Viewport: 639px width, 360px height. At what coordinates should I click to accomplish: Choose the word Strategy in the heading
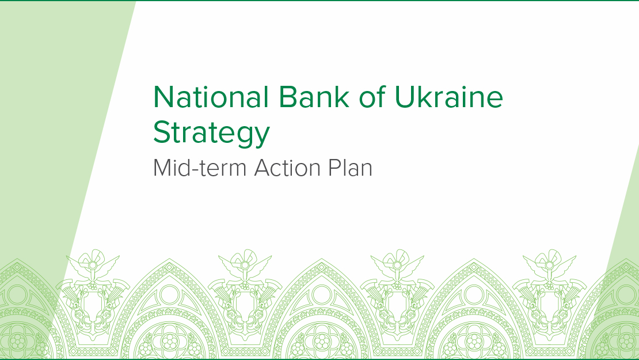(211, 133)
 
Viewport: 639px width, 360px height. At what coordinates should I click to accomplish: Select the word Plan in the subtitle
(350, 168)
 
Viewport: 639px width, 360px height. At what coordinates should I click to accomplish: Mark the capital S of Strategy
(162, 132)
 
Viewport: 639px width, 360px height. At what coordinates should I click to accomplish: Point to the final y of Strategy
(261, 136)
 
